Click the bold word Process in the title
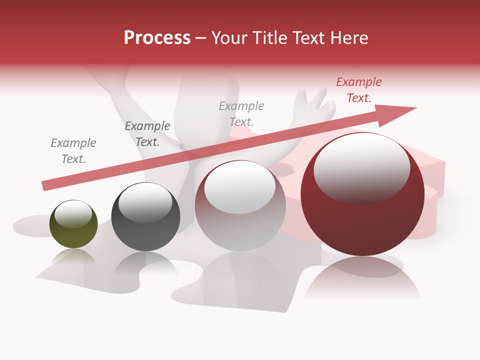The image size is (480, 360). pos(157,38)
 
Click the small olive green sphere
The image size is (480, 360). pos(73,224)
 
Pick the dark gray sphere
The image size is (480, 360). pos(145,217)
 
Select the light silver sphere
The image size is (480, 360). pos(240,206)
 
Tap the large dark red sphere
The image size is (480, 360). pos(362,195)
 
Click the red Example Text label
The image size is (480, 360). pos(359,90)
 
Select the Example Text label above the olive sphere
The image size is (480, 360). pos(73,151)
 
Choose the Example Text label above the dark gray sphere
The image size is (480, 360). pos(147,133)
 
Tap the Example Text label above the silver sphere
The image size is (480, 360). pos(241,113)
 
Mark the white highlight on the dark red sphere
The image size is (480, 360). pos(361,167)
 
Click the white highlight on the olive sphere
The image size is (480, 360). pos(73,213)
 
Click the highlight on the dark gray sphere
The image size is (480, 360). pos(145,202)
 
